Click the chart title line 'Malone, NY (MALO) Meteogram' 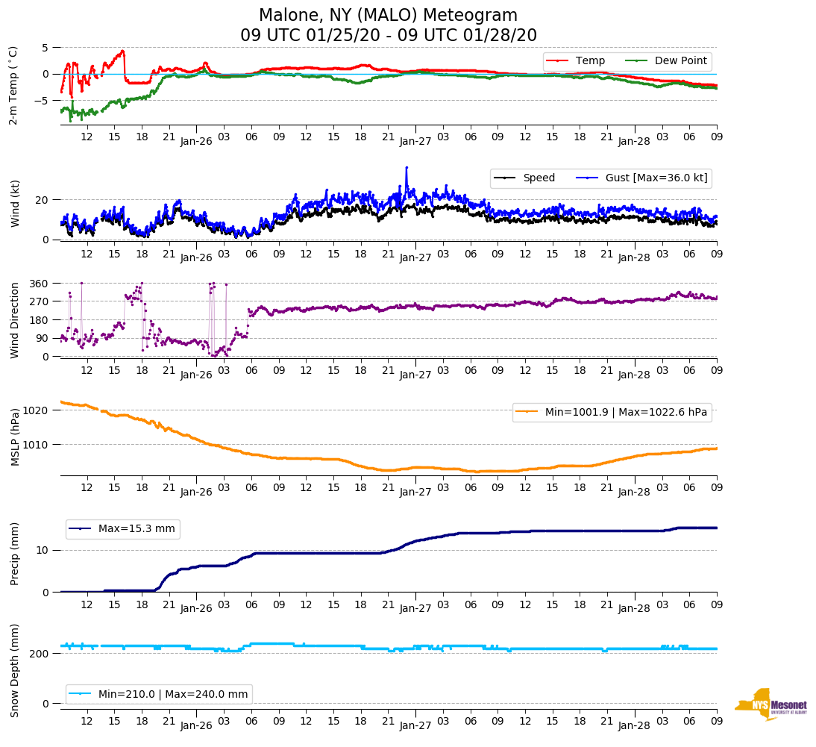pyautogui.click(x=388, y=15)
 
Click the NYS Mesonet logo pyautogui.click(x=771, y=704)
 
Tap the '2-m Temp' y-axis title pyautogui.click(x=13, y=85)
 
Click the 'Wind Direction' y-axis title pyautogui.click(x=14, y=320)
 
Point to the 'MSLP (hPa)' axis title pyautogui.click(x=14, y=437)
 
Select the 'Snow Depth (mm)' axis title pyautogui.click(x=14, y=671)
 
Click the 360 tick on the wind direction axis pyautogui.click(x=40, y=284)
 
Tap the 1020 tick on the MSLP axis pyautogui.click(x=37, y=410)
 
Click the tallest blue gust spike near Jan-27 pyautogui.click(x=407, y=168)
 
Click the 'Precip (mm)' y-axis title pyautogui.click(x=14, y=554)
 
